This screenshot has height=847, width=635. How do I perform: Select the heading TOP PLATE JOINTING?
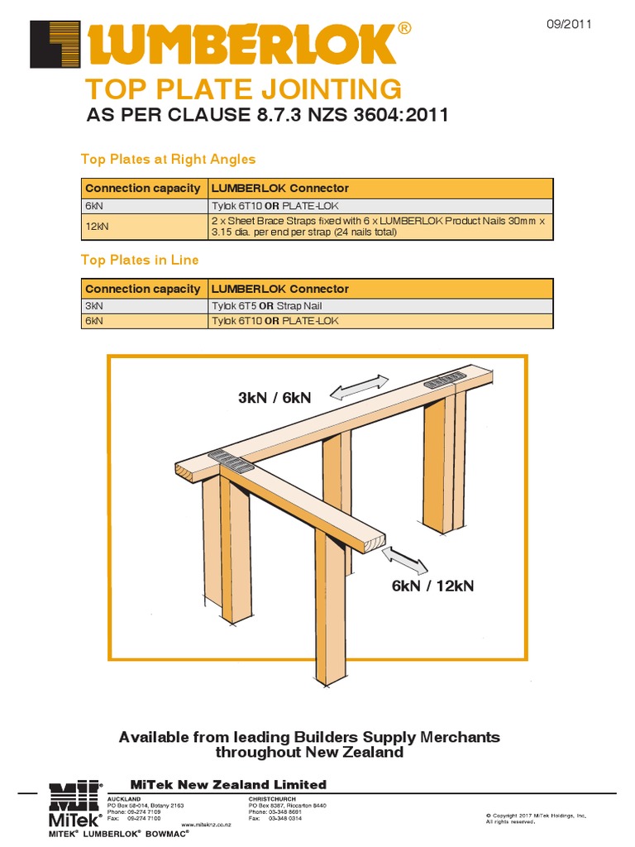(244, 89)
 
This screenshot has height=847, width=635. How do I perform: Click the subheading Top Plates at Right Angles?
(168, 159)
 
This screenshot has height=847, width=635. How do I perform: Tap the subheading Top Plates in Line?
(140, 260)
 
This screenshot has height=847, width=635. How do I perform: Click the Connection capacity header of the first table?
(143, 189)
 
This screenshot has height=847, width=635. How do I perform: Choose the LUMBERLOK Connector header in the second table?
(280, 290)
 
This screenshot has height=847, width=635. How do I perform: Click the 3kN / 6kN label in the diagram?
(275, 398)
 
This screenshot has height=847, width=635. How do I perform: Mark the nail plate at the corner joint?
(231, 460)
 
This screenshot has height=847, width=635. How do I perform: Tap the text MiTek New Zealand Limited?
(229, 784)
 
